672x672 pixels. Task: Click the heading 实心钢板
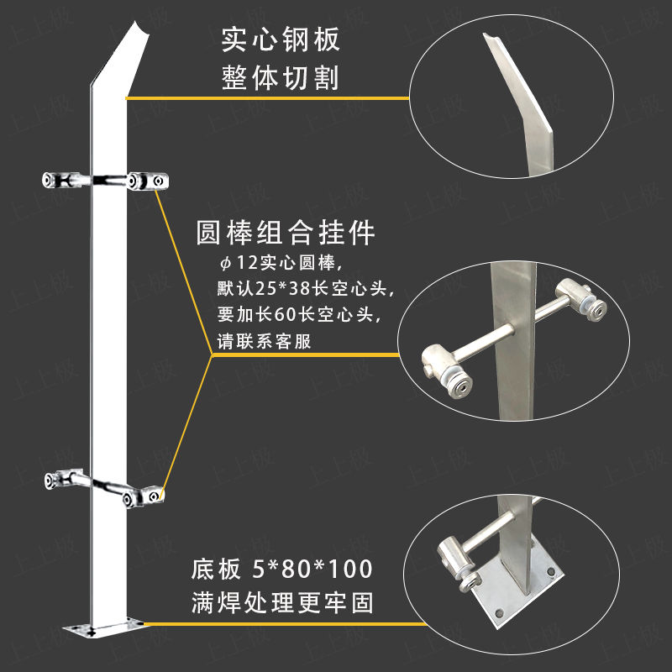point(280,39)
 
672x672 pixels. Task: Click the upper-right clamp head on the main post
point(149,181)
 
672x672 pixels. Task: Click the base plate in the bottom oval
point(517,601)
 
